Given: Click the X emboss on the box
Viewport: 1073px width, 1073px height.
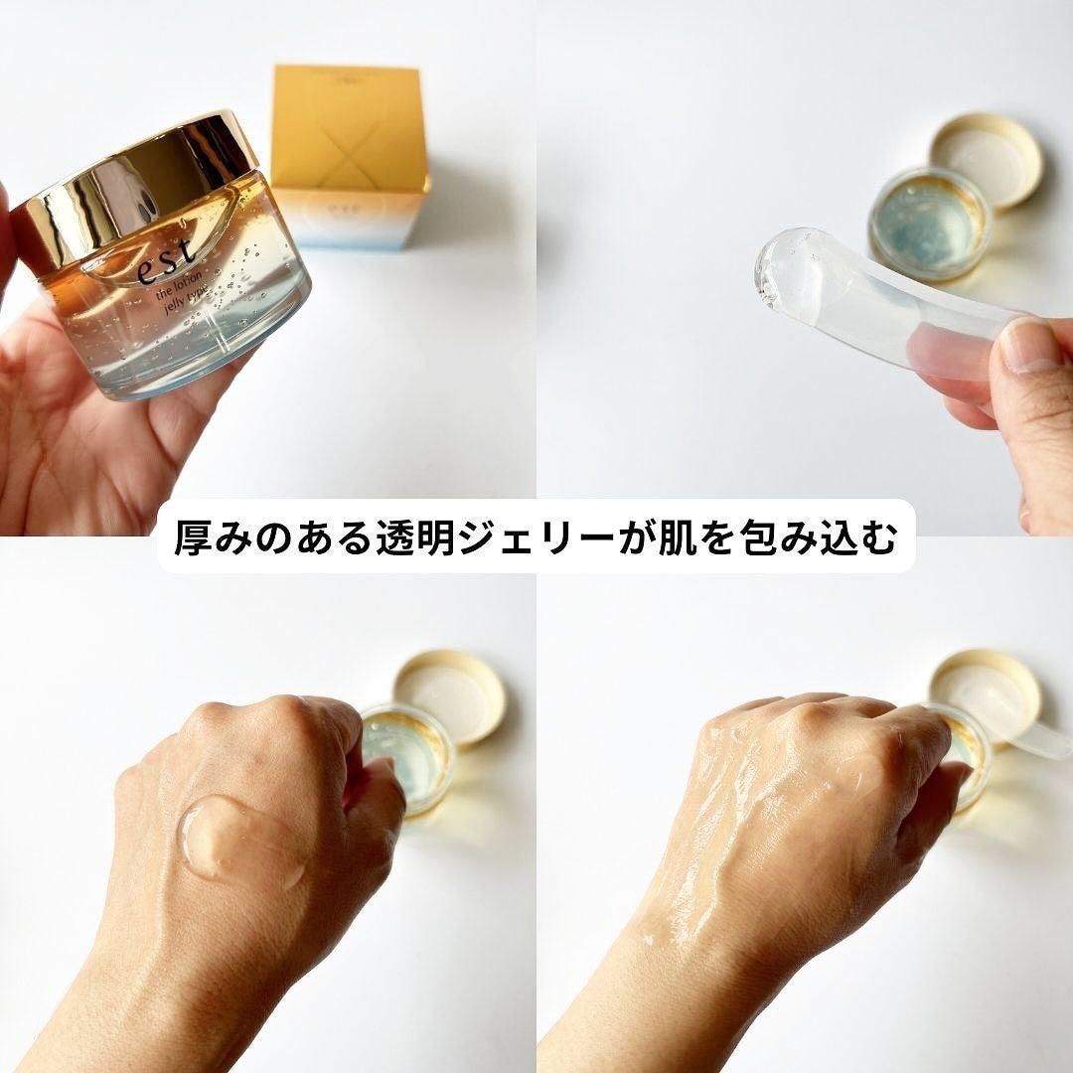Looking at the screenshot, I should (348, 129).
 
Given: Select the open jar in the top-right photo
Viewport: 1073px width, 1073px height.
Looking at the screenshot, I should (929, 224).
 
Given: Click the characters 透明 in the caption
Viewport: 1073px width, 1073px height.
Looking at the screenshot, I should (410, 536).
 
